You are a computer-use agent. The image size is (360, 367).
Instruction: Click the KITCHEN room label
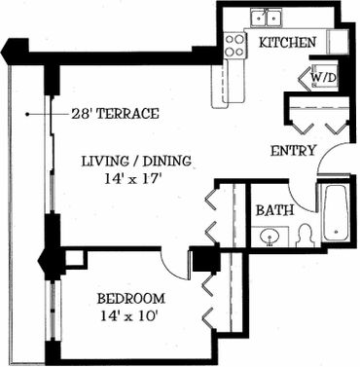288,43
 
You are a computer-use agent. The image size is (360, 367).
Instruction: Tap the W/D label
324,78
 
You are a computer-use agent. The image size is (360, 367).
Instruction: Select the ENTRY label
293,151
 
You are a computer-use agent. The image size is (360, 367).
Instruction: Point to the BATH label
275,210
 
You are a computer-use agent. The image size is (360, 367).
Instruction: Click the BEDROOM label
131,299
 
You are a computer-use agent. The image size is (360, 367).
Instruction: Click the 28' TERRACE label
116,114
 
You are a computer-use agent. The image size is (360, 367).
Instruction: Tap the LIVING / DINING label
136,161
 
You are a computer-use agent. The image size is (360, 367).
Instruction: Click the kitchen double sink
266,18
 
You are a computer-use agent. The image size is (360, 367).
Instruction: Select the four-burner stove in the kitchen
234,46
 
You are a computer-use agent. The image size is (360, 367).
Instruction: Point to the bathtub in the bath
336,212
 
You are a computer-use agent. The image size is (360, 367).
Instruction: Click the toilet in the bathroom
305,236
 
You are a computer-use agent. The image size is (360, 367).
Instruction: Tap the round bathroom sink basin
270,236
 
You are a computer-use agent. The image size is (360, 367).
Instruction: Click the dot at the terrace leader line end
28,114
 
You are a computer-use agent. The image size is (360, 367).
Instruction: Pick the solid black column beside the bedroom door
204,261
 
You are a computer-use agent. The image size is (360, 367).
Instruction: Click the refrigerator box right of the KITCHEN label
339,42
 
